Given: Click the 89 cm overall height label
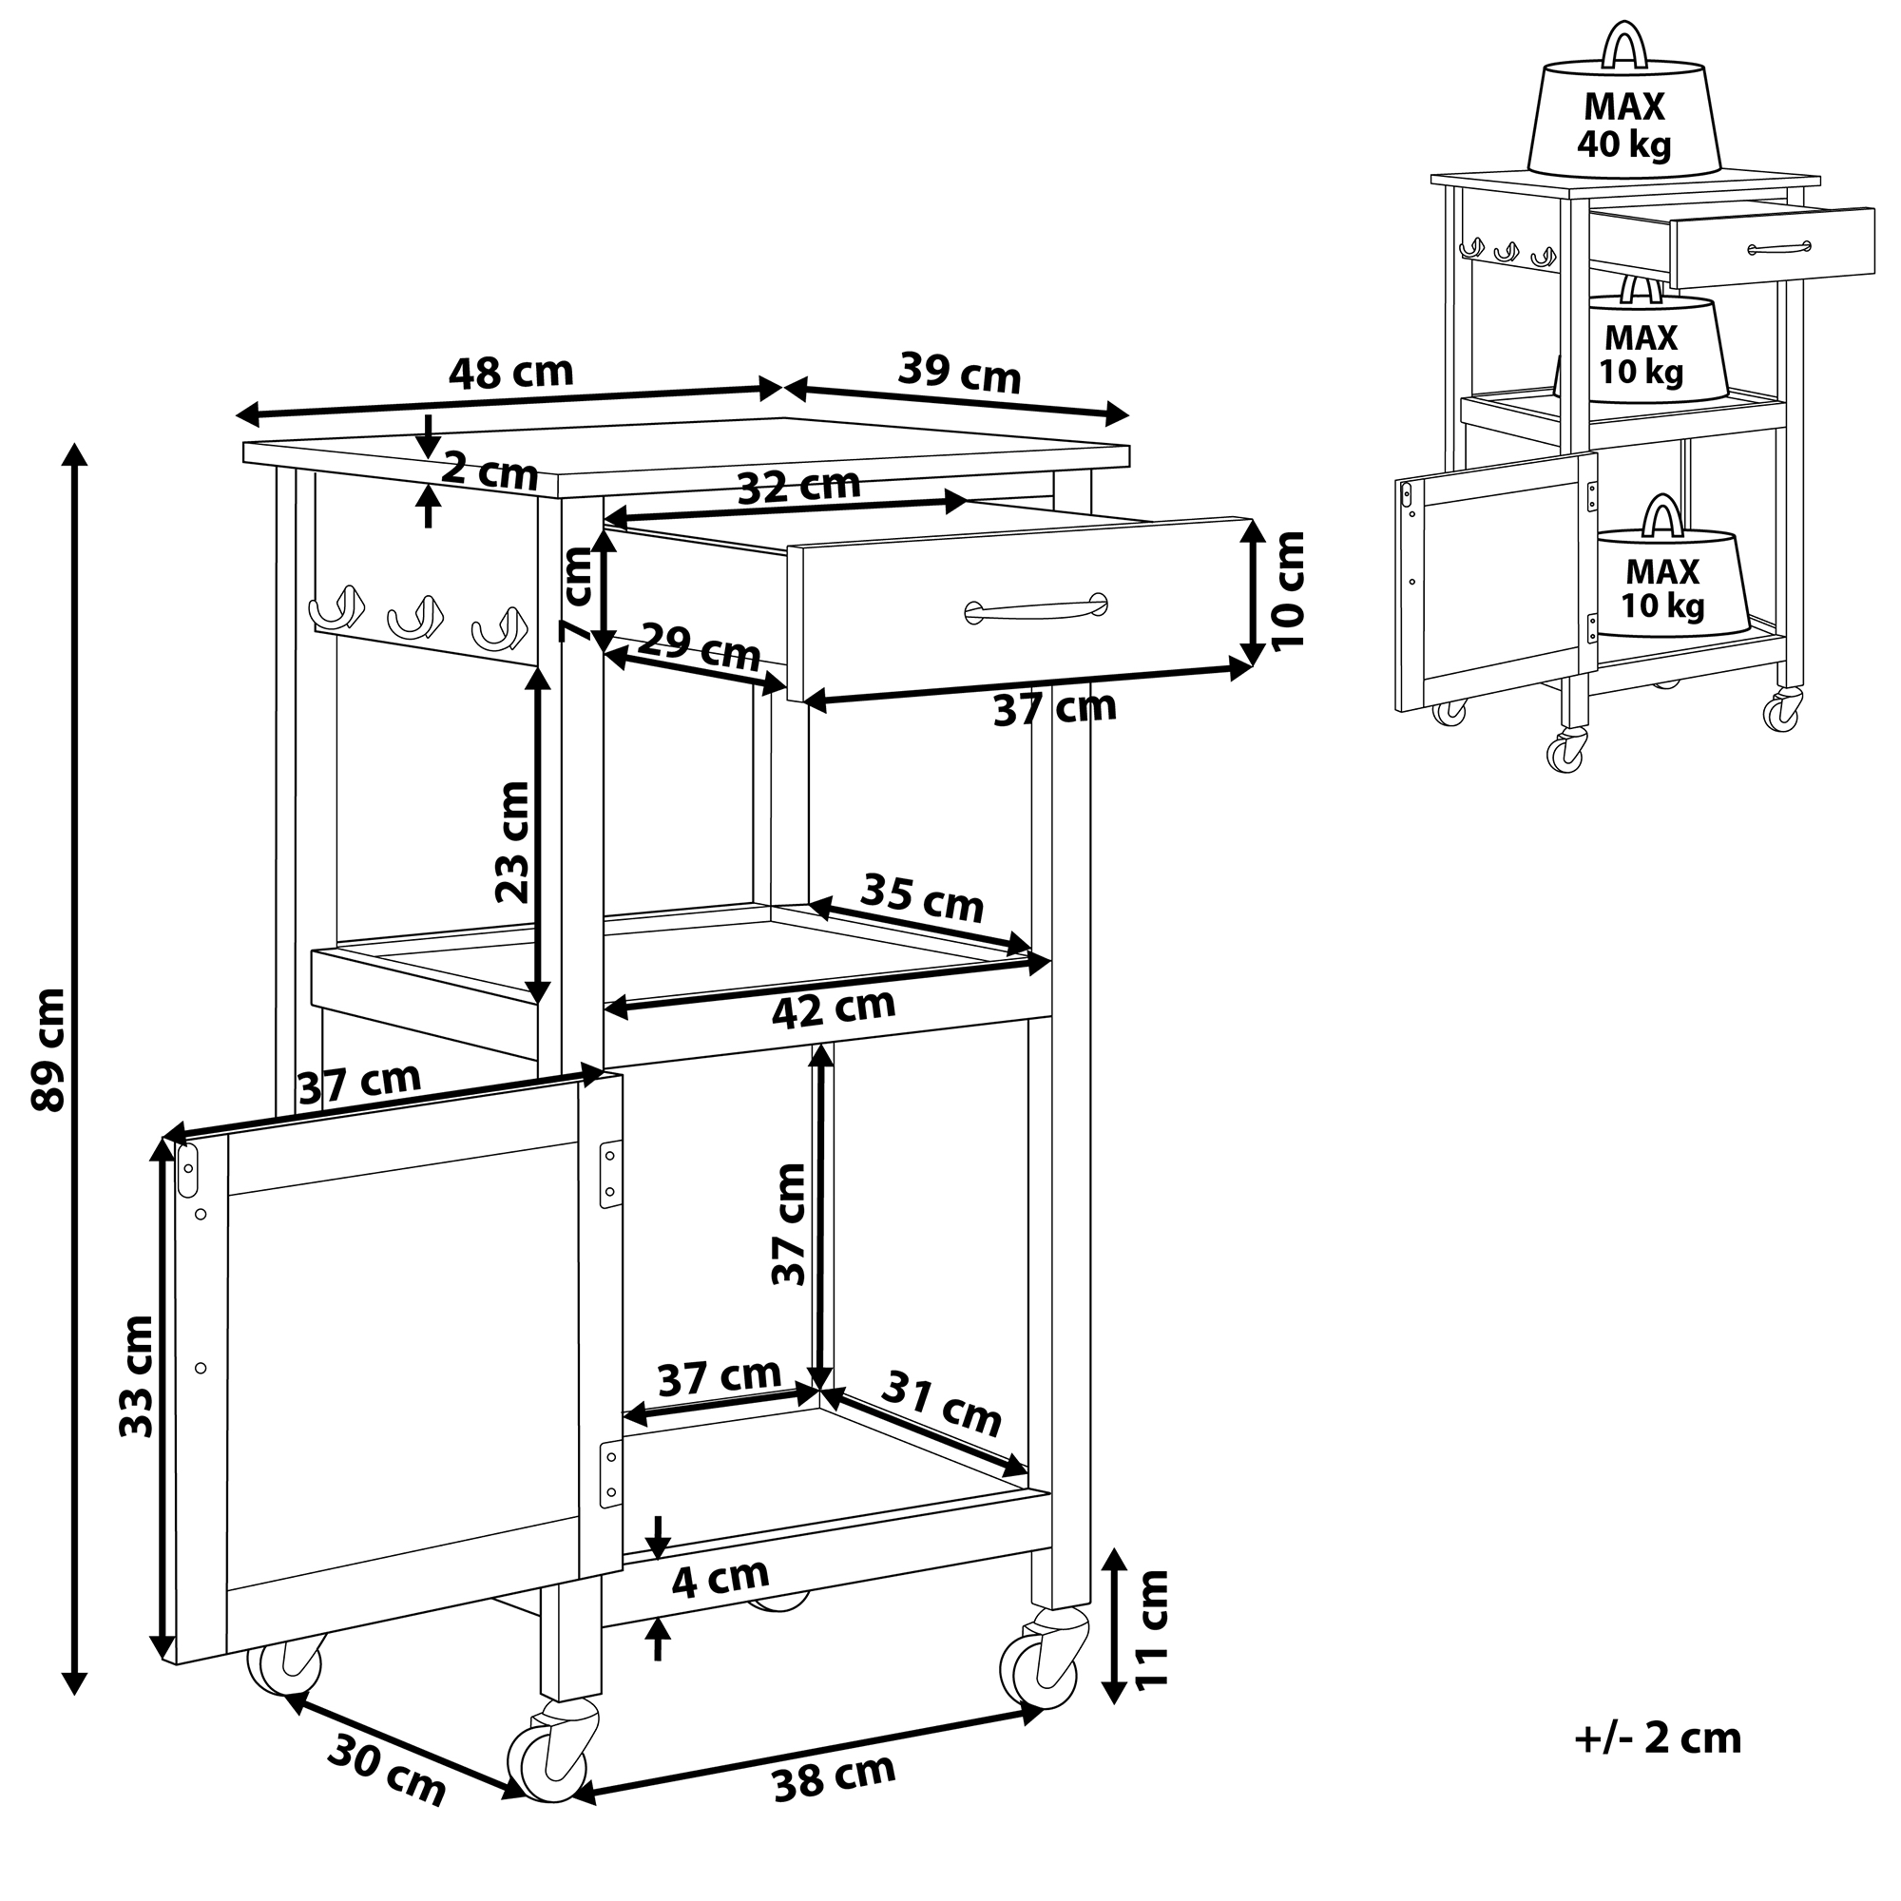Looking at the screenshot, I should pos(49,1050).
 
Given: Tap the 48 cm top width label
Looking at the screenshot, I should pos(510,373).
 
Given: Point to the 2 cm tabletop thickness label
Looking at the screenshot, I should pos(489,472).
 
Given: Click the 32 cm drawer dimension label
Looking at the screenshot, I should pos(799,486).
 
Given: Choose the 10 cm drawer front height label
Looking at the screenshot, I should pos(1288,590).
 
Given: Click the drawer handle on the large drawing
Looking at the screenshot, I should pos(1036,609).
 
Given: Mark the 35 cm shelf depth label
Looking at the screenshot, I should pos(922,897).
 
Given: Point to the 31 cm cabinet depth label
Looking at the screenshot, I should pos(941,1403).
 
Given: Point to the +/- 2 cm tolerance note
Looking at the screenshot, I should pos(1657,1765).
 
